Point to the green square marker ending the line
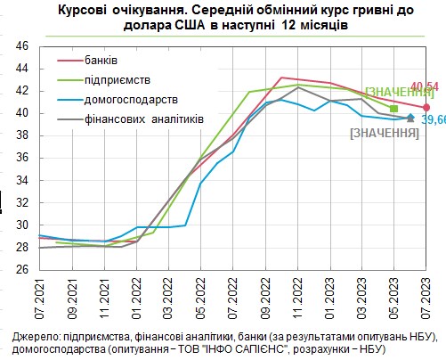pos(394,109)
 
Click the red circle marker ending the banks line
pos(426,108)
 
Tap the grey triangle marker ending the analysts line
pos(410,117)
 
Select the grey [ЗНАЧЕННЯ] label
pos(385,132)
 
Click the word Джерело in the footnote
pos(36,336)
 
